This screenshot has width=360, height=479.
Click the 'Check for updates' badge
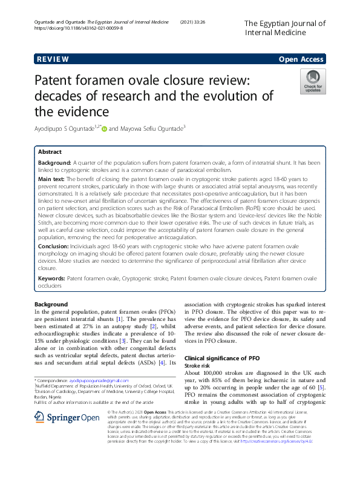pos(313,81)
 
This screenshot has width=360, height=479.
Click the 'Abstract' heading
pos(50,152)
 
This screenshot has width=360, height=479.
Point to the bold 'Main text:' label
pos(54,180)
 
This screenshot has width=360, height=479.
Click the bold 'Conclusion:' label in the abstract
pos(56,246)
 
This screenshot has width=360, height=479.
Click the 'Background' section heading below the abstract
pos(51,304)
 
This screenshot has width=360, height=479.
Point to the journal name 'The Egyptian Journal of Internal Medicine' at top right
pos(284,28)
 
